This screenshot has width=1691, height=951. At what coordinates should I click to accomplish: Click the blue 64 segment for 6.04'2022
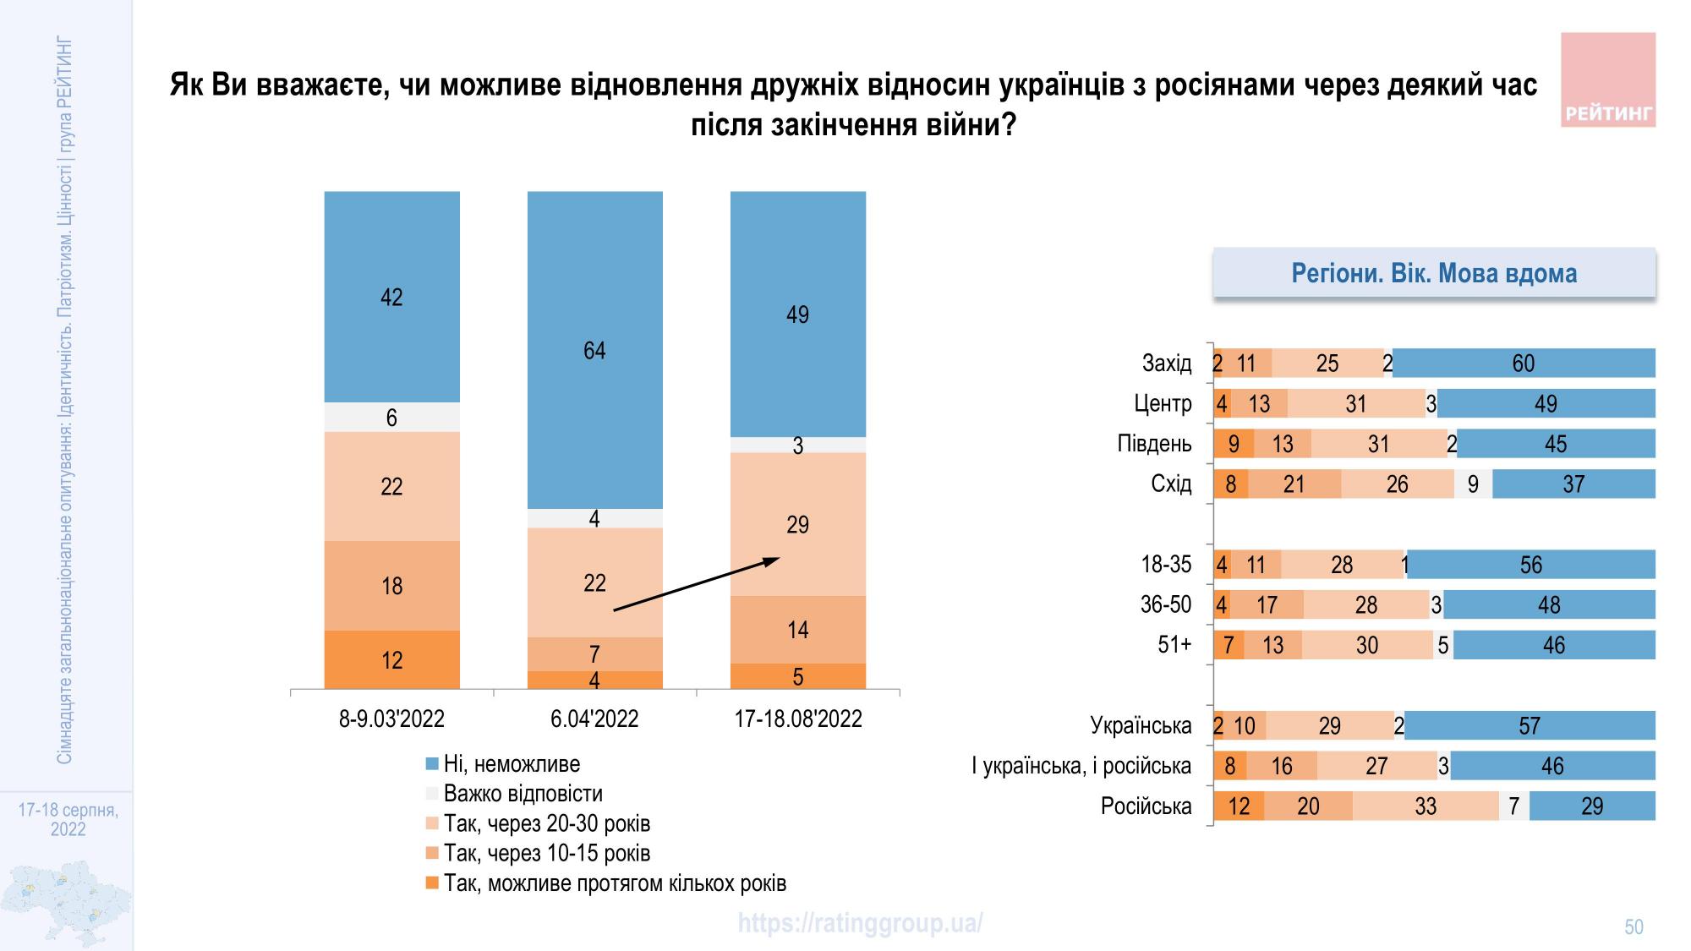[x=594, y=350]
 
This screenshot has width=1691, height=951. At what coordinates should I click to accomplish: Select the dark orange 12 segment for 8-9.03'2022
[x=391, y=659]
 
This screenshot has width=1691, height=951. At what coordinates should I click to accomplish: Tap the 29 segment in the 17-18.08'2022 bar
[x=797, y=524]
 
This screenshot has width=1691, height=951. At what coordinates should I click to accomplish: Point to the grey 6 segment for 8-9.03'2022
[x=391, y=417]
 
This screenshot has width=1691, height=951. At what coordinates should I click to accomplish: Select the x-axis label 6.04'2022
[x=594, y=719]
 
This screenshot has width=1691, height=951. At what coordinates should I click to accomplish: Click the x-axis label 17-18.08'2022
[x=797, y=719]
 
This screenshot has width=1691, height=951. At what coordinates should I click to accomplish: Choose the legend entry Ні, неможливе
[x=512, y=764]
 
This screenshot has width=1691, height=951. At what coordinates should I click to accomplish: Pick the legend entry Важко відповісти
[x=523, y=794]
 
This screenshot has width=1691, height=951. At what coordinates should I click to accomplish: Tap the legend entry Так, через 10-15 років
[x=546, y=853]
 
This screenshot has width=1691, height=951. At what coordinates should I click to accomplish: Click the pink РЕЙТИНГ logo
[x=1607, y=80]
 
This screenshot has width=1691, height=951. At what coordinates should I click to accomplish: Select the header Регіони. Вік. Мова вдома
[x=1434, y=273]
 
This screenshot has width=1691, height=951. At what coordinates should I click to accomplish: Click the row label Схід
[x=1171, y=484]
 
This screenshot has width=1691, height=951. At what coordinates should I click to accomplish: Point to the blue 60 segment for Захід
[x=1523, y=363]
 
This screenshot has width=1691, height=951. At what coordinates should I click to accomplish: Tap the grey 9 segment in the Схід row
[x=1473, y=484]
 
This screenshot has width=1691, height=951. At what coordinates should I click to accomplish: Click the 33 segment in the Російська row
[x=1426, y=806]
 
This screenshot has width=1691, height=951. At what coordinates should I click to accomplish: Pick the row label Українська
[x=1141, y=725]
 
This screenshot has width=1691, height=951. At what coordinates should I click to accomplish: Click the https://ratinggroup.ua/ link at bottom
[x=860, y=923]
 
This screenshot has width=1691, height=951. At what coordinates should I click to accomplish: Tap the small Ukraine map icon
[x=66, y=903]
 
